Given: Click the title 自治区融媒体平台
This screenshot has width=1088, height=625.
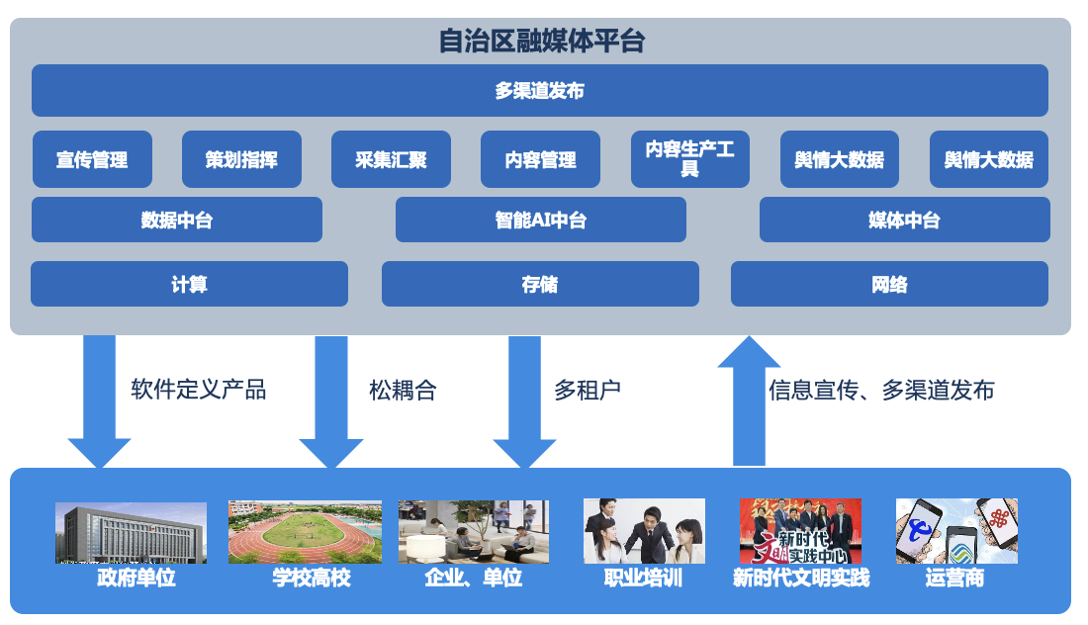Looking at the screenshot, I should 541,42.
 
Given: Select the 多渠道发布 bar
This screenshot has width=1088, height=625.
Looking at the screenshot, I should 539,91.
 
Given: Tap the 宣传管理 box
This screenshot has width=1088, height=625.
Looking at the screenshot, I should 92,159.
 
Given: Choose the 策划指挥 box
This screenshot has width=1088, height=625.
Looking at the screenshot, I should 241,159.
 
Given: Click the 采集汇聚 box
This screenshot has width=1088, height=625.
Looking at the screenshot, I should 391,159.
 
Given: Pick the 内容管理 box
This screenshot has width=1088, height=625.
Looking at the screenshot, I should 540,159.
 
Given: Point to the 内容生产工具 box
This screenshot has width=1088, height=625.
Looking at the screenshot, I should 689,159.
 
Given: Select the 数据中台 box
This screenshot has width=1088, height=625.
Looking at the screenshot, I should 176,220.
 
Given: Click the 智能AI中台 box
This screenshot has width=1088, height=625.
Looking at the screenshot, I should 540,220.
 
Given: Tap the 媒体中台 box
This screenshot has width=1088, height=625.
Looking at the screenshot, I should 904,220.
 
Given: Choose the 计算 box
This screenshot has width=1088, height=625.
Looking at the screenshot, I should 189,284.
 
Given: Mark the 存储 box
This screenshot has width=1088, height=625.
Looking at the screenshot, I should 540,284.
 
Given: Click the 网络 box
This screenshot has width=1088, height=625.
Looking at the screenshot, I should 889,284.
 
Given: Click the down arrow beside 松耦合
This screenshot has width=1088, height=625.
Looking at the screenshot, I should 331,401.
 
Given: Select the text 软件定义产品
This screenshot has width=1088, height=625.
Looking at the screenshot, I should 198,389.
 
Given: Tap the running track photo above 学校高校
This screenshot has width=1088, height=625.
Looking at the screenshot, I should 305,531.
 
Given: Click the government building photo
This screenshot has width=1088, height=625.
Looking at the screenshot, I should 131,532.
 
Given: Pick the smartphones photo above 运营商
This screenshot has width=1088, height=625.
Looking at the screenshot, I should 956,531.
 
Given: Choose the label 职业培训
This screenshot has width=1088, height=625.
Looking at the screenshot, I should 643,578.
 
